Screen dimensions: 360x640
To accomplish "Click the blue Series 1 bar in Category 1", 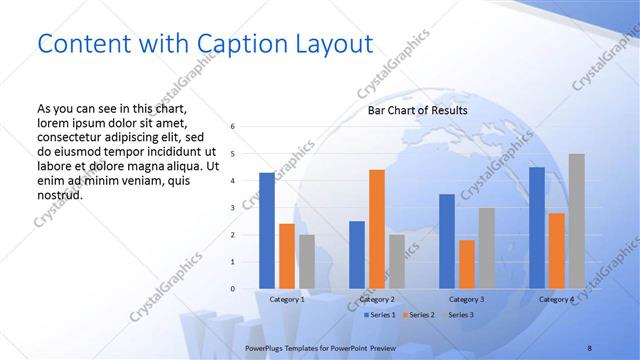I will click(x=267, y=231).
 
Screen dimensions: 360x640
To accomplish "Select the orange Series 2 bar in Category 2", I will click(x=377, y=229).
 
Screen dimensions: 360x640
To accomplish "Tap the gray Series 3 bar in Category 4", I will click(x=576, y=221).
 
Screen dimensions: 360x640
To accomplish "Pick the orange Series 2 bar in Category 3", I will click(x=467, y=264).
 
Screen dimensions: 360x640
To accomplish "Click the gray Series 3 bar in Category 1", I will click(x=306, y=262).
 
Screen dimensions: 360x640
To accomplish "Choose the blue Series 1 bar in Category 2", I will click(x=357, y=255).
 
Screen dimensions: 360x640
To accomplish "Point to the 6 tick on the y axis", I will click(x=232, y=127).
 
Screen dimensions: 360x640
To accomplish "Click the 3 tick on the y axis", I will click(x=232, y=208).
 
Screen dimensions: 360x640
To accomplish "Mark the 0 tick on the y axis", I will click(x=232, y=289).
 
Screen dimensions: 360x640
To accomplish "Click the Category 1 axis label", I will click(x=287, y=299).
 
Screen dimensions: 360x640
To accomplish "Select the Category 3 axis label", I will click(x=467, y=299).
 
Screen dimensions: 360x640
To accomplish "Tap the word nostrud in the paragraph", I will click(x=59, y=194).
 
